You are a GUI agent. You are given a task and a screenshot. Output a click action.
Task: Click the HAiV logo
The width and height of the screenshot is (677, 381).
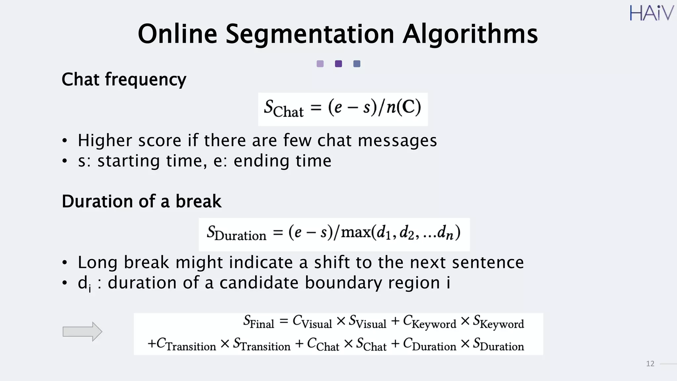(x=651, y=13)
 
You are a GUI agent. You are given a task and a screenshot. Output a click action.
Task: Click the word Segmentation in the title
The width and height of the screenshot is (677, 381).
(x=310, y=34)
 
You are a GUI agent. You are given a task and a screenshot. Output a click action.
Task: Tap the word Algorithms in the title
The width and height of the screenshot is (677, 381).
(x=470, y=34)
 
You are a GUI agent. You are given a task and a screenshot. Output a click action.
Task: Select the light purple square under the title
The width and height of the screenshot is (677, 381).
(x=320, y=64)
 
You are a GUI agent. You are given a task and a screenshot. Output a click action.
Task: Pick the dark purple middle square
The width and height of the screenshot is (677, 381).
(x=338, y=64)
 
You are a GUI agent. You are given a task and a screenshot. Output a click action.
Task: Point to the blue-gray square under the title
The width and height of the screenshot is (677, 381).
(x=357, y=64)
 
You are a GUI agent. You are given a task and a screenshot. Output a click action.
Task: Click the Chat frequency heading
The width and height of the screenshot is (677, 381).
(x=124, y=80)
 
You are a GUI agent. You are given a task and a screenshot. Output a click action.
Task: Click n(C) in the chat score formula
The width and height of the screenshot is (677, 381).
(x=404, y=107)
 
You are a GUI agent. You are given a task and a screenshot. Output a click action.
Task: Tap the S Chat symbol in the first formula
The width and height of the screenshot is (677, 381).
(x=283, y=109)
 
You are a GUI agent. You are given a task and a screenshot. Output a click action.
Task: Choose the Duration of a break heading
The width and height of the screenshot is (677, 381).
(x=141, y=201)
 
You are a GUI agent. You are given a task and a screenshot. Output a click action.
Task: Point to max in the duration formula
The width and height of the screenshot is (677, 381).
(x=355, y=232)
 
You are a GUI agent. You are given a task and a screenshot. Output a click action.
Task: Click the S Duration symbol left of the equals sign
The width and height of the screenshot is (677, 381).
(x=236, y=233)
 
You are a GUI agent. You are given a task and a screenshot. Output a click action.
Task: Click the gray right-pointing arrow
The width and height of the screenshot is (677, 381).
(x=82, y=331)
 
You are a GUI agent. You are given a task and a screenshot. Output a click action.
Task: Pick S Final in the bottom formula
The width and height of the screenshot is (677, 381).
(x=259, y=322)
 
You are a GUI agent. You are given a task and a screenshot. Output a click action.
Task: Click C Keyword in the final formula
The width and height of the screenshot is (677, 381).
(x=429, y=322)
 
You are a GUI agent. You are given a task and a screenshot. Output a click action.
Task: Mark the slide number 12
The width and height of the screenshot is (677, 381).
(x=650, y=364)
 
